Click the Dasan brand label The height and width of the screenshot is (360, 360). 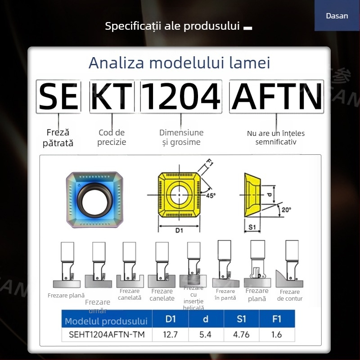coord(337,16)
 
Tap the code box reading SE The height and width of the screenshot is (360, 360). coord(58,97)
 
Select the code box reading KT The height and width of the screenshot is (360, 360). coord(112,97)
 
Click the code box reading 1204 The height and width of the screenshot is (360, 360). coord(181,97)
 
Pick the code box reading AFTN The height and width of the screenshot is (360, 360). coord(276,97)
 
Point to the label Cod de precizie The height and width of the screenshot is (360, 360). coord(112,137)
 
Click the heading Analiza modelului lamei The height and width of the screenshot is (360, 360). coord(180,63)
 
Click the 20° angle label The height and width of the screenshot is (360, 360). coord(286,209)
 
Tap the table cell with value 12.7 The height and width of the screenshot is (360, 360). coord(170,334)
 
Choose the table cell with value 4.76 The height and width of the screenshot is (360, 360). coord(241,334)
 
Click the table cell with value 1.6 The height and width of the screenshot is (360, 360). coord(277,334)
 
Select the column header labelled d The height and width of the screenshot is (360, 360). coord(206,319)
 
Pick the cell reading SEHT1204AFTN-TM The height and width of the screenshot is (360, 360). coord(106,334)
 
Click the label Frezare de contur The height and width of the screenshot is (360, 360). coord(290,295)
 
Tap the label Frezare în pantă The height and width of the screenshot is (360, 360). coord(225,295)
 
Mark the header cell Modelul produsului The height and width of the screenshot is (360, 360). coord(106,321)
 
